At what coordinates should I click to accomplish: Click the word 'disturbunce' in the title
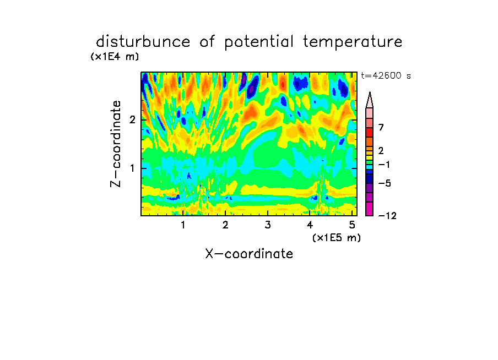pyautogui.click(x=143, y=42)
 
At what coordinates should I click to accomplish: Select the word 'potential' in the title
pyautogui.click(x=259, y=42)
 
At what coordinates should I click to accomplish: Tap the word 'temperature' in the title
pyautogui.click(x=353, y=42)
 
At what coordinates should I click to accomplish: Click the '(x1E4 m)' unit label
pyautogui.click(x=115, y=57)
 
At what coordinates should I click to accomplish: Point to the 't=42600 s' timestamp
pyautogui.click(x=386, y=75)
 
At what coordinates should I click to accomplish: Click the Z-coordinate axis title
pyautogui.click(x=116, y=144)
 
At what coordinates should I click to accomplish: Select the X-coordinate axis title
pyautogui.click(x=249, y=254)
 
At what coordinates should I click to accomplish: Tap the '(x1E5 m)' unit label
pyautogui.click(x=337, y=238)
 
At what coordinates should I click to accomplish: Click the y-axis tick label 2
pyautogui.click(x=132, y=120)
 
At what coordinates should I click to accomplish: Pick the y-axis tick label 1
pyautogui.click(x=132, y=168)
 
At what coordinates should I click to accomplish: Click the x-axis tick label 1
pyautogui.click(x=183, y=225)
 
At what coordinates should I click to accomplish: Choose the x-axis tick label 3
pyautogui.click(x=268, y=225)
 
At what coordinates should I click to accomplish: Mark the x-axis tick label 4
pyautogui.click(x=310, y=225)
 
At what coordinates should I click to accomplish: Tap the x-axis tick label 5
pyautogui.click(x=352, y=225)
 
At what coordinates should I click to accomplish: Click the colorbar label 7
pyautogui.click(x=381, y=128)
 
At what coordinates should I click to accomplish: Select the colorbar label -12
pyautogui.click(x=387, y=216)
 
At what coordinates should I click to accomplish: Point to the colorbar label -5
pyautogui.click(x=385, y=183)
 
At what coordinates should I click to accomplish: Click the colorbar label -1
pyautogui.click(x=384, y=165)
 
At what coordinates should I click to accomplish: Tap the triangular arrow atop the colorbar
pyautogui.click(x=370, y=100)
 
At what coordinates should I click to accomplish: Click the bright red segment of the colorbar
pyautogui.click(x=370, y=132)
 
